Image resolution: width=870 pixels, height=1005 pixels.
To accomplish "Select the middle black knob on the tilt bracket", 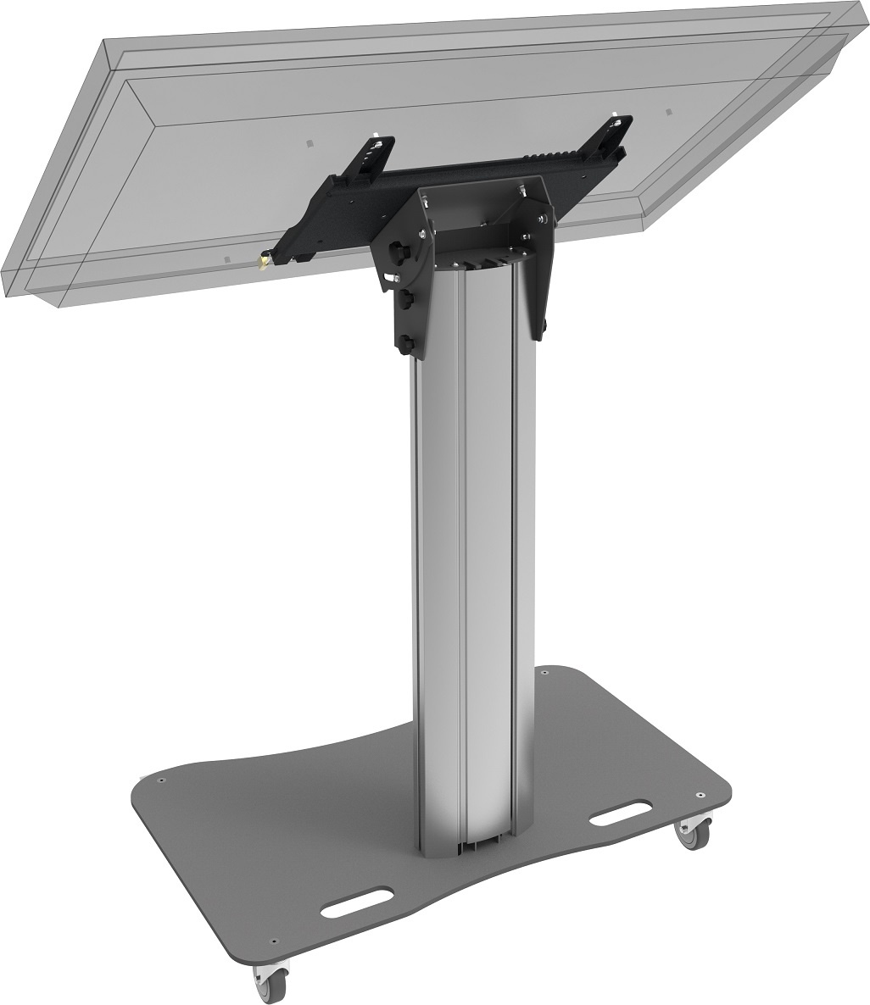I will click(x=406, y=299).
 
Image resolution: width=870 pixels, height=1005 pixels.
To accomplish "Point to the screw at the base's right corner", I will click(x=700, y=796).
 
